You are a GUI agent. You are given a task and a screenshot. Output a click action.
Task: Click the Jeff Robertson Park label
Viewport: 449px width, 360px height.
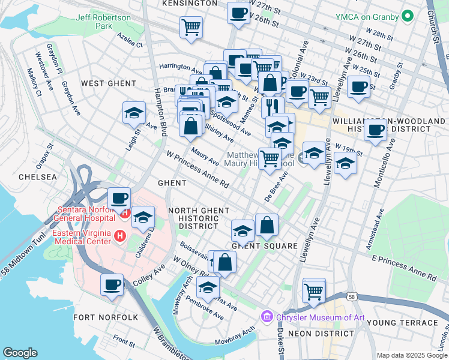click(x=95, y=22)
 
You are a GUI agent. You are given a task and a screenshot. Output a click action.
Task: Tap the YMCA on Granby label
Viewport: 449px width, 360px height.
click(x=370, y=16)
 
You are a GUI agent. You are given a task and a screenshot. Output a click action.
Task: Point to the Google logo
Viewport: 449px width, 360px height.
click(x=20, y=353)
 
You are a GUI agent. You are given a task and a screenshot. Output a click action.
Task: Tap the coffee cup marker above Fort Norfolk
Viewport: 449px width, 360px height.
click(x=112, y=285)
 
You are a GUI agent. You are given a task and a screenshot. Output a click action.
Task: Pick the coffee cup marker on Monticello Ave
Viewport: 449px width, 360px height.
click(x=376, y=130)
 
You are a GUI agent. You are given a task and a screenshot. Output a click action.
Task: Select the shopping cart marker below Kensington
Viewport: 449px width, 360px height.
click(x=191, y=27)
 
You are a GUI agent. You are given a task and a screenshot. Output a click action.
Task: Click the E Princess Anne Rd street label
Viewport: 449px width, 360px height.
click(x=403, y=268)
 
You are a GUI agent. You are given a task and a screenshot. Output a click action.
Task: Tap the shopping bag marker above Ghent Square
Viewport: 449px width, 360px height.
click(x=267, y=226)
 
